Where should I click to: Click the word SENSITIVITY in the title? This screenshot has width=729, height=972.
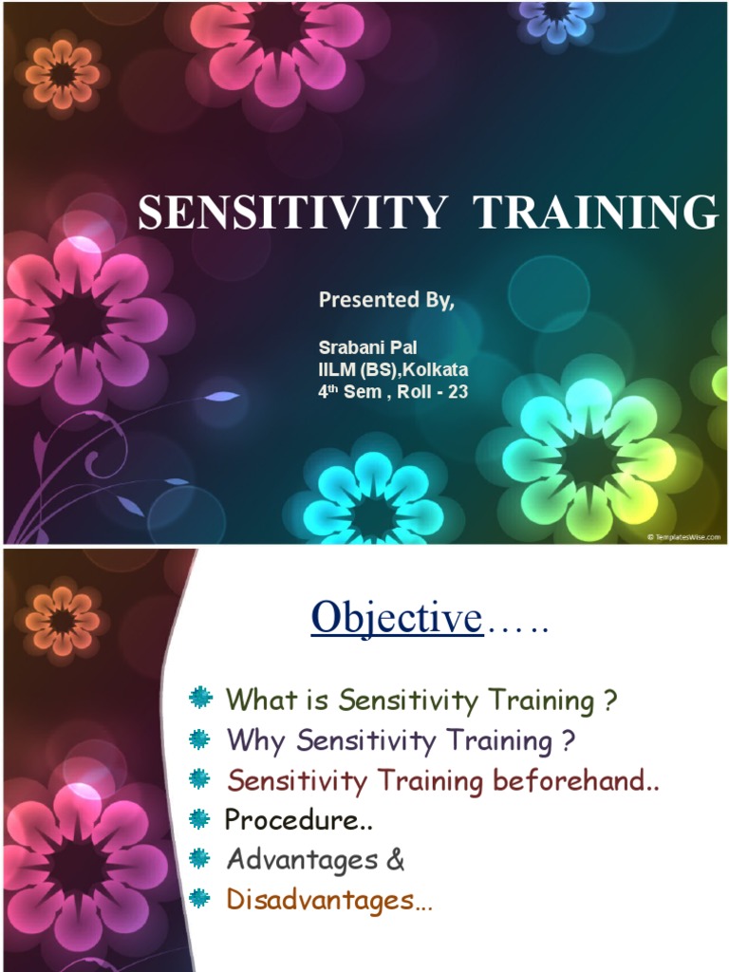tap(292, 212)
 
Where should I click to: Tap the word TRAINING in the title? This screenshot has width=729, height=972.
tap(595, 212)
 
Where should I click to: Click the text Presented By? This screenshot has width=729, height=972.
tap(386, 300)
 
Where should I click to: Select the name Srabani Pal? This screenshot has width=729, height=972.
tap(367, 347)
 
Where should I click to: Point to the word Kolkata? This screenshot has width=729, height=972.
tap(435, 369)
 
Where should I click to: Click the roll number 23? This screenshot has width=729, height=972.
tap(458, 392)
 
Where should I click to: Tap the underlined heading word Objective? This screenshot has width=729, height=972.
tap(397, 617)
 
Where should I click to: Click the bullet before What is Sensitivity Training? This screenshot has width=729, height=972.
tap(199, 698)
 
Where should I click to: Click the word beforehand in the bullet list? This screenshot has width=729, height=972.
tap(575, 780)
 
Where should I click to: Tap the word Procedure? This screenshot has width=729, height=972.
tap(292, 819)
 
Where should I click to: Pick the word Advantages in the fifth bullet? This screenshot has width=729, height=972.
tap(302, 860)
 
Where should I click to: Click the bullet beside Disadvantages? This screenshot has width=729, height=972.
tap(199, 898)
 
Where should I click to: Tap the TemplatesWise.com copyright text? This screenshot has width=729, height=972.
tap(683, 537)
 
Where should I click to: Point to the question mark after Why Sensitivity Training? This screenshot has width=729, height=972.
tap(569, 740)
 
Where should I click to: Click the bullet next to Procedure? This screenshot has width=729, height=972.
tap(199, 819)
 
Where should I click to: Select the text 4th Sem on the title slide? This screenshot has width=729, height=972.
tap(349, 392)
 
